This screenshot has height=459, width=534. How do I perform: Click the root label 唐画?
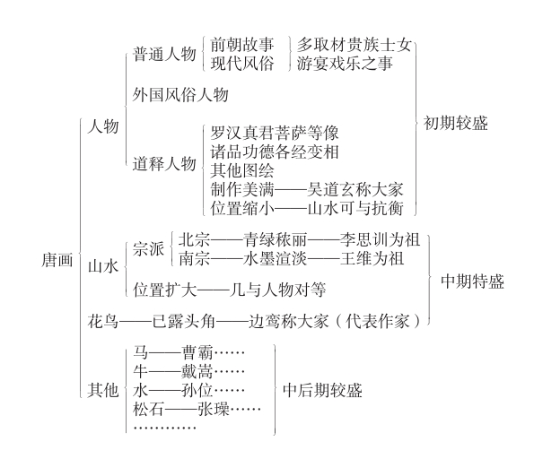point(57,260)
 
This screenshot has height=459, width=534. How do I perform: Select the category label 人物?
point(103,126)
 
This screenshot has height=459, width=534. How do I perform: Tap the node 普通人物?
point(164,54)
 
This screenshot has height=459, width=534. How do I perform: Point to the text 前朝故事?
point(242,45)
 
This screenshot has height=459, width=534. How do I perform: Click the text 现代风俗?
point(242,64)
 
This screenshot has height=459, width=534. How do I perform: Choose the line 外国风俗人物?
point(180,94)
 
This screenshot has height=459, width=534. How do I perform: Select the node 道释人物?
point(164,164)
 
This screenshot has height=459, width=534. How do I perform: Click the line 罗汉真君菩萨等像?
point(275,133)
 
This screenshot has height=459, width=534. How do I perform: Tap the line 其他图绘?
point(242,170)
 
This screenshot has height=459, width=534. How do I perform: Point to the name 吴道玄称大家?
point(355,189)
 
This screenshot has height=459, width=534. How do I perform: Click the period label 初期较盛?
point(455,123)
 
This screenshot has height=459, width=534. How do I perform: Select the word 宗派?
point(148,248)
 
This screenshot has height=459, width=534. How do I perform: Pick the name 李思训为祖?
point(380,239)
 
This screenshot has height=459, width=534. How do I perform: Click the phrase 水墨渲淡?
point(275,258)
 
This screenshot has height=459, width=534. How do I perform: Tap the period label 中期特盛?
point(472,281)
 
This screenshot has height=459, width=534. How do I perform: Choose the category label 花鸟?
point(103,321)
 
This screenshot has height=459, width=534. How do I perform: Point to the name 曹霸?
point(197,352)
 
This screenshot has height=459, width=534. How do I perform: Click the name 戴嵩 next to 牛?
point(197,371)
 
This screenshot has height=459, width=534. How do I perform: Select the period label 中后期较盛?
point(322,390)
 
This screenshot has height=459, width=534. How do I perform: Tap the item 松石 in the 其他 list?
point(148,408)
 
